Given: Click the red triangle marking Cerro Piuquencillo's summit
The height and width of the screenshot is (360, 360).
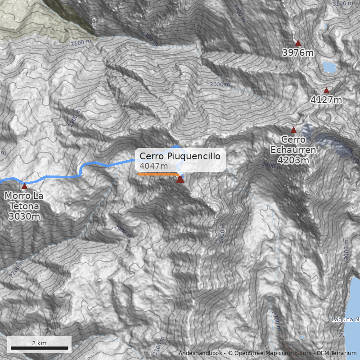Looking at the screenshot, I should pyautogui.click(x=180, y=179).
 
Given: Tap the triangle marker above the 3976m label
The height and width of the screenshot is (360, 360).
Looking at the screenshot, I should pyautogui.click(x=298, y=43).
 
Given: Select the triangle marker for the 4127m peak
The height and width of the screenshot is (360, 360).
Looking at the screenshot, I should pyautogui.click(x=326, y=90).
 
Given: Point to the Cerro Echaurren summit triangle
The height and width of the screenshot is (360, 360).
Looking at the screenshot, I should pyautogui.click(x=293, y=130).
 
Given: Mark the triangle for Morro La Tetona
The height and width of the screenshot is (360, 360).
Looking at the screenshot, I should pyautogui.click(x=24, y=186).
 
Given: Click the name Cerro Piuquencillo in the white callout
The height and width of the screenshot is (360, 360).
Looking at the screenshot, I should pyautogui.click(x=180, y=156).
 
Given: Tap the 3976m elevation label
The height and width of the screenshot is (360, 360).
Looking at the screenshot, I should pyautogui.click(x=298, y=53).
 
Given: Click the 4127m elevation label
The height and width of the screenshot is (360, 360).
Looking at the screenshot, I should pyautogui.click(x=326, y=100).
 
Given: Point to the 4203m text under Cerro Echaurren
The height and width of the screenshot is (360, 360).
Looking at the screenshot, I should pyautogui.click(x=293, y=160).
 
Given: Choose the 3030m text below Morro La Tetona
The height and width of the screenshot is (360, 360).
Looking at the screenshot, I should pyautogui.click(x=24, y=216).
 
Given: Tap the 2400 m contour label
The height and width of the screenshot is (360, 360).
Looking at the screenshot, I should pyautogui.click(x=150, y=38).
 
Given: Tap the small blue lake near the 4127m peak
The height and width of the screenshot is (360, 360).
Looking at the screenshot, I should pyautogui.click(x=329, y=67).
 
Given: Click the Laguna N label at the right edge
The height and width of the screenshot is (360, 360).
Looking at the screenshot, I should pyautogui.click(x=346, y=319).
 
